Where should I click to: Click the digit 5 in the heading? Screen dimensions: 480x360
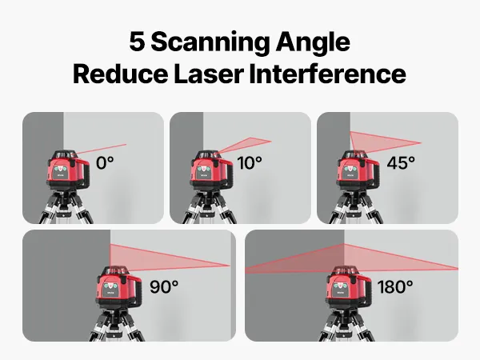[x=137, y=42]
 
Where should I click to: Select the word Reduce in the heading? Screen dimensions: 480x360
[x=121, y=74]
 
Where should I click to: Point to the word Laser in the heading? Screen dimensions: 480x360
[x=209, y=74]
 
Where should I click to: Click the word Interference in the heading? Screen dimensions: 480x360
[x=327, y=74]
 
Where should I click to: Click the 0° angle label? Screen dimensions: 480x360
[x=105, y=163]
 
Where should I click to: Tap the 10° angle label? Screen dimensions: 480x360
[x=250, y=163]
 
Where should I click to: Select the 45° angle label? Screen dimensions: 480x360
[x=401, y=163]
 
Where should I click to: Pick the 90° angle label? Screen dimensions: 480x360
[x=164, y=287]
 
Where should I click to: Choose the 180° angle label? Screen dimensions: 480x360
[x=395, y=287]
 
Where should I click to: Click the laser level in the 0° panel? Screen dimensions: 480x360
[x=68, y=170]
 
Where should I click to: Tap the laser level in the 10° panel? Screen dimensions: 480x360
[x=211, y=170]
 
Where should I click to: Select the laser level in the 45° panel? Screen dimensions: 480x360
[x=358, y=170]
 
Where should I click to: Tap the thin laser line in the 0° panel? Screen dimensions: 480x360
[x=101, y=149]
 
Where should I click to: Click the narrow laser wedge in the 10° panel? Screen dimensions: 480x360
[x=245, y=145]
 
